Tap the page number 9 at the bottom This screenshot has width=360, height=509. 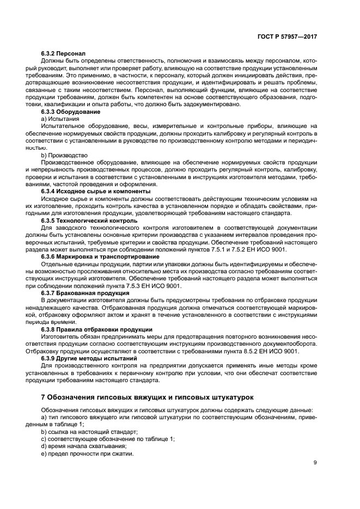(315, 463)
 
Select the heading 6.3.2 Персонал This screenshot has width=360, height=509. (63, 53)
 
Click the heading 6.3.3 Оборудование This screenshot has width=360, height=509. (70, 111)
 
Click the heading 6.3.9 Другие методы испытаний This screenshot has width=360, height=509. (88, 358)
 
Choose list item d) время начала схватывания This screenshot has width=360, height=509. (83, 446)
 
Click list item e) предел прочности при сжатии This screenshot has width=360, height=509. (87, 454)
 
